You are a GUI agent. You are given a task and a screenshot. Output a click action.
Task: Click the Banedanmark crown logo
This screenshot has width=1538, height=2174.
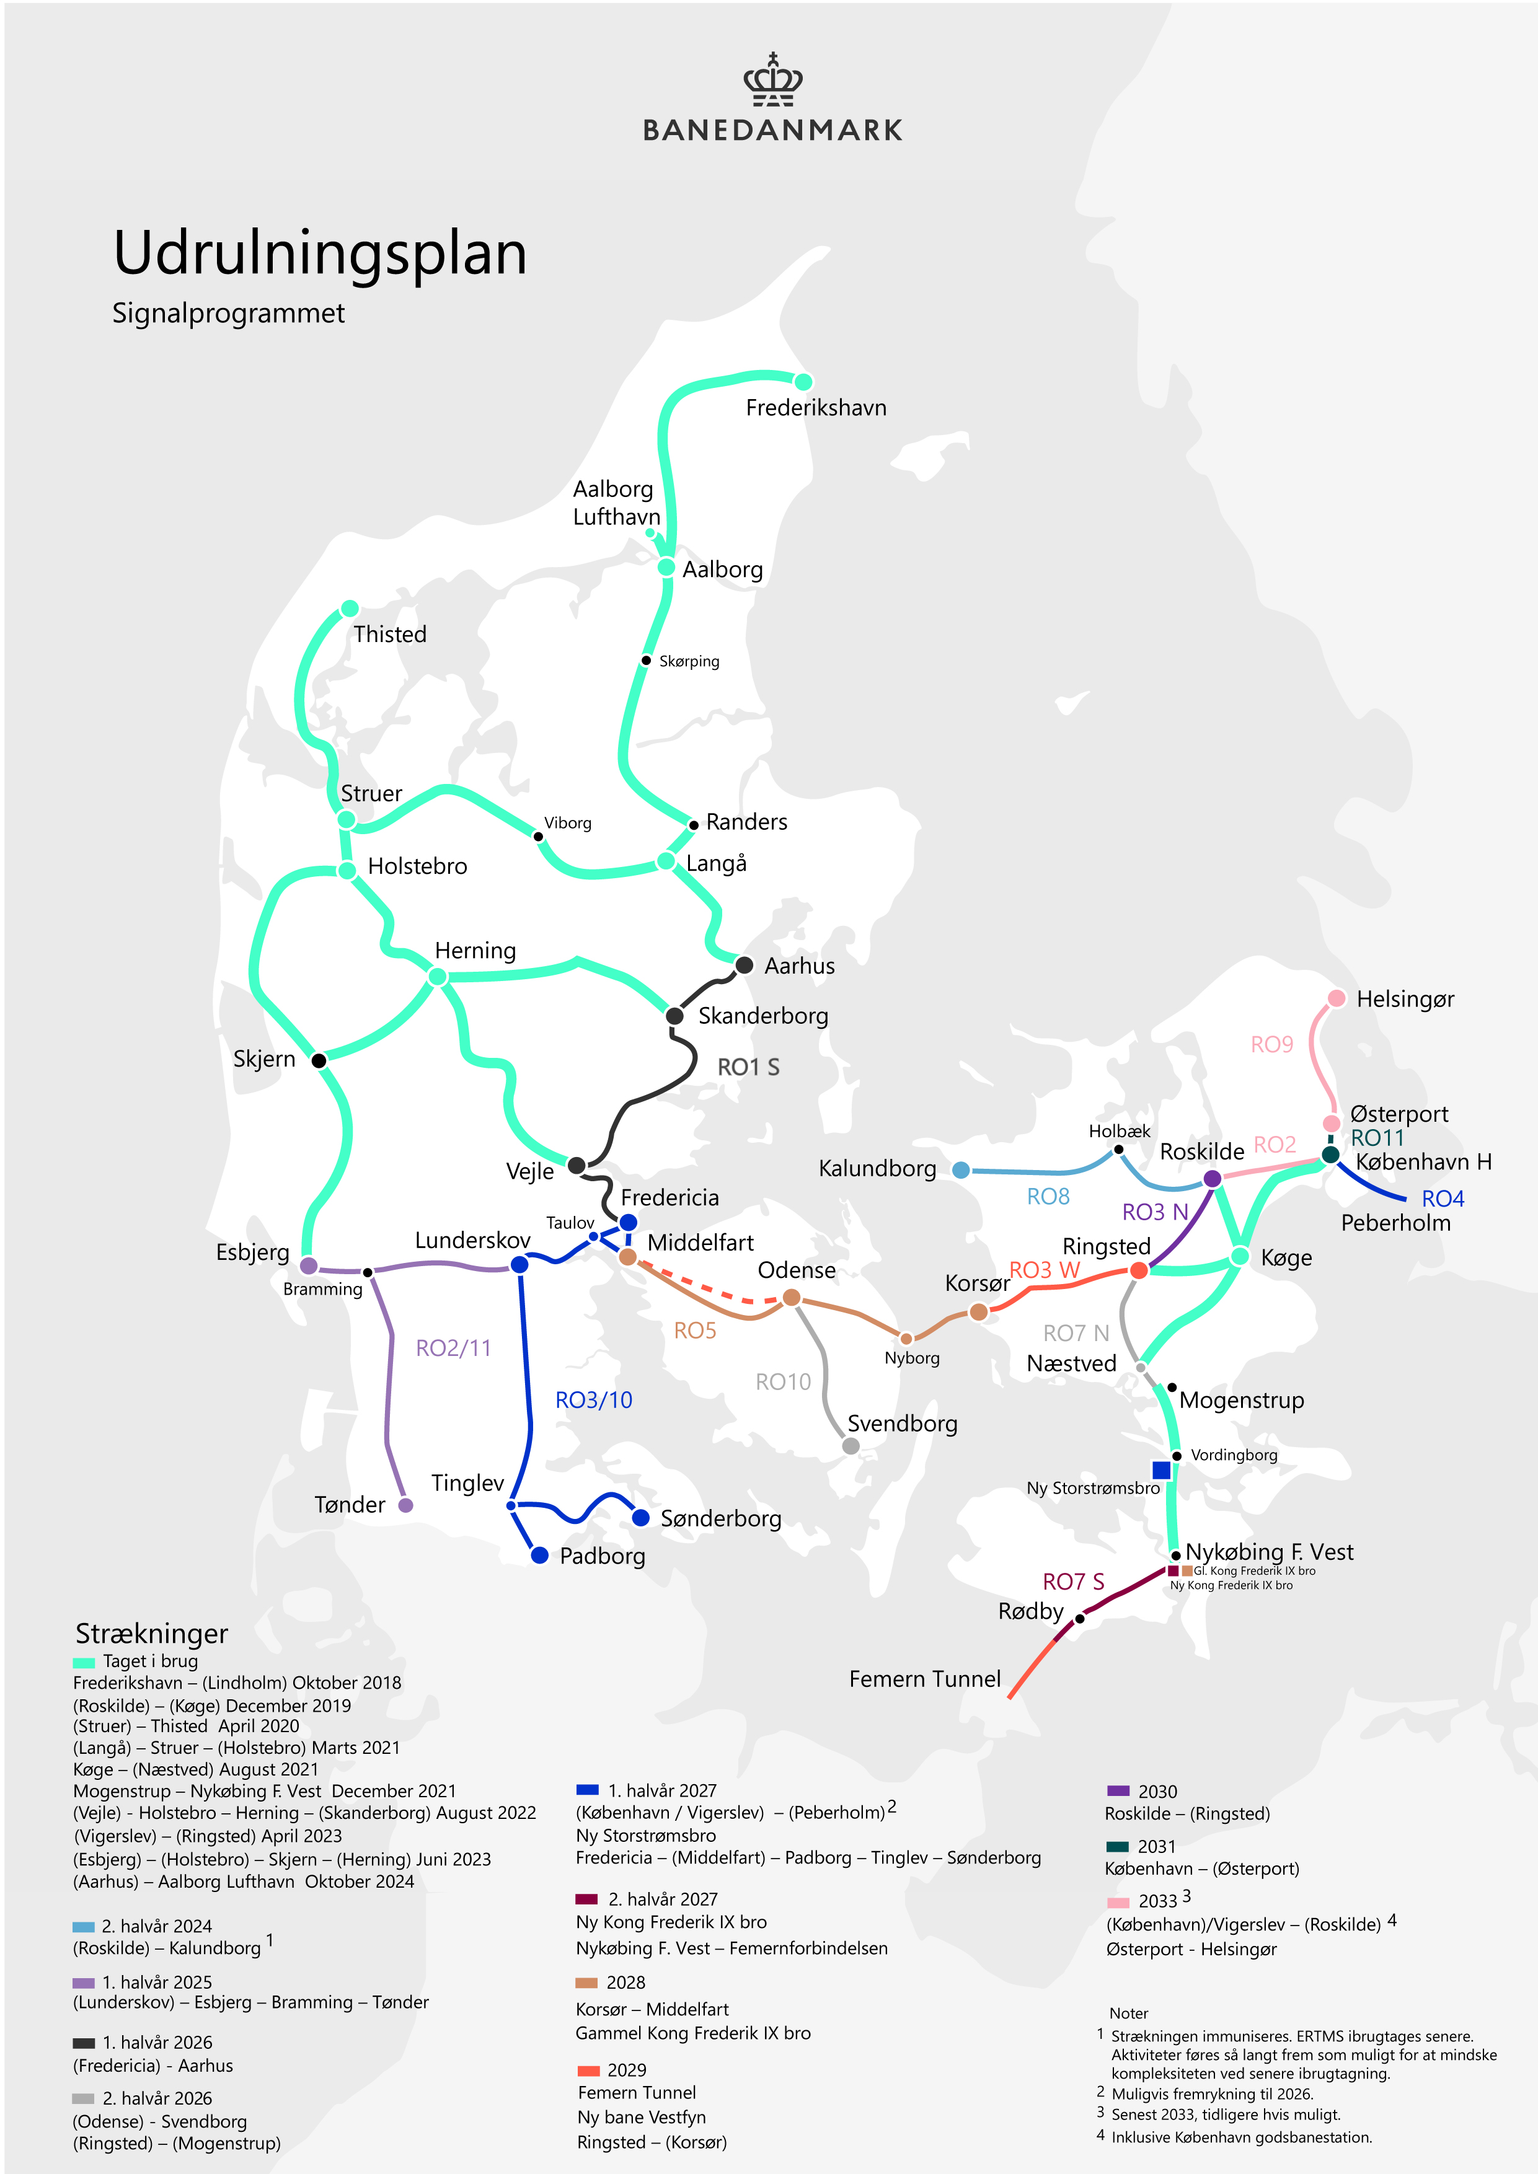click(773, 81)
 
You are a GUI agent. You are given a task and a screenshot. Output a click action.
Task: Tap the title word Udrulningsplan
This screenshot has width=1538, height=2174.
click(320, 253)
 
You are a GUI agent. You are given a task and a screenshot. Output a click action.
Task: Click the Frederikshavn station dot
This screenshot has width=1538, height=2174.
click(803, 382)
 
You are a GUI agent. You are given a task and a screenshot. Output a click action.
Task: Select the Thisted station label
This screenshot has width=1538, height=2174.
click(389, 635)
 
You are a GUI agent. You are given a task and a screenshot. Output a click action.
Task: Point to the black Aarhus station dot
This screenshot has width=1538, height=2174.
click(745, 965)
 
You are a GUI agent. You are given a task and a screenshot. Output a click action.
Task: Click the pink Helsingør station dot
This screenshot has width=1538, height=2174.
click(1337, 998)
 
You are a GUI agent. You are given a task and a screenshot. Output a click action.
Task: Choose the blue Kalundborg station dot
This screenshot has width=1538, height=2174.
click(960, 1169)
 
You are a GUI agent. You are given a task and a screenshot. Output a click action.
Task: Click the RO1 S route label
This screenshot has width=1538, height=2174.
click(748, 1067)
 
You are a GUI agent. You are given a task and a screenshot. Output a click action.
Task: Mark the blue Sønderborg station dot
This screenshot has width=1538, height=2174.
click(640, 1518)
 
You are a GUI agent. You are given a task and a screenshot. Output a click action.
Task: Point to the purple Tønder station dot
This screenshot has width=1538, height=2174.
click(405, 1505)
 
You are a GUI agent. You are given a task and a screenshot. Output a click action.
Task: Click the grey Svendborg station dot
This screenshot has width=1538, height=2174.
click(851, 1446)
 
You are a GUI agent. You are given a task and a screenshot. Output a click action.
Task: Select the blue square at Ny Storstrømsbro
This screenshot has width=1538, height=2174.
click(1161, 1469)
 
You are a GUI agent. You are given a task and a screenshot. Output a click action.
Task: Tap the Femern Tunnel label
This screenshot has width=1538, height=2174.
click(924, 1679)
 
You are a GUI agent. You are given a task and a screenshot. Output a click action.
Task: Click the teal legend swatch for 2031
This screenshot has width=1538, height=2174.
click(1118, 1846)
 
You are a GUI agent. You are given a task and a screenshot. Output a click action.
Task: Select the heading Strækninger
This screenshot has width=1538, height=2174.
click(151, 1634)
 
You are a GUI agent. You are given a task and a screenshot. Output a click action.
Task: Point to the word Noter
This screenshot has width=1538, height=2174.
click(1128, 2013)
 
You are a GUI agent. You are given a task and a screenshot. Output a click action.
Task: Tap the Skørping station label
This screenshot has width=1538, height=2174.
click(689, 661)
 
